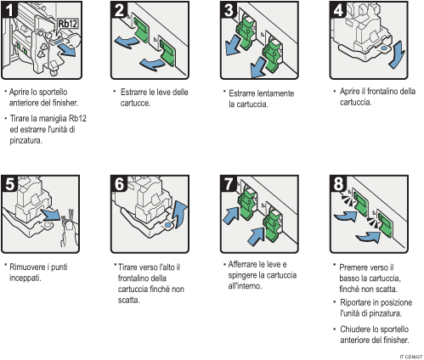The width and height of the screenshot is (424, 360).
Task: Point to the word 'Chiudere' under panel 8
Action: pyautogui.click(x=354, y=328)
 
